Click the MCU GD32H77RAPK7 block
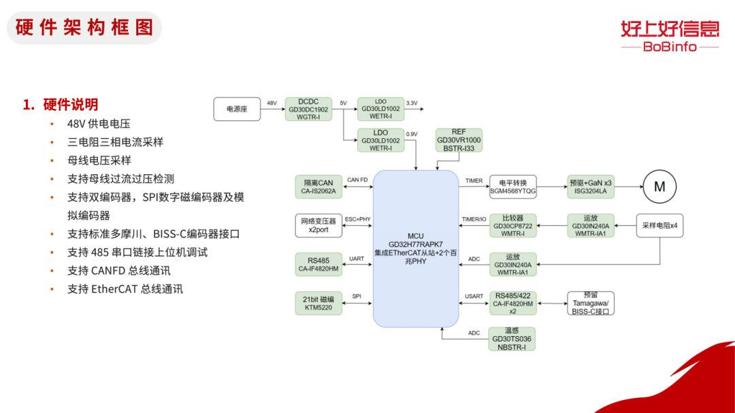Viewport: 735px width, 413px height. pyautogui.click(x=416, y=248)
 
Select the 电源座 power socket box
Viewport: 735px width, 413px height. pyautogui.click(x=238, y=110)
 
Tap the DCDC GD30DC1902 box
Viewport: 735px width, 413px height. pyautogui.click(x=308, y=110)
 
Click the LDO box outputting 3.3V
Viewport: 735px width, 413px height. pyautogui.click(x=380, y=110)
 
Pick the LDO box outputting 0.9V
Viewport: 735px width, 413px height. pyautogui.click(x=380, y=140)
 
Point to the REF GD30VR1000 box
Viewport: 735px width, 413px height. pyautogui.click(x=459, y=140)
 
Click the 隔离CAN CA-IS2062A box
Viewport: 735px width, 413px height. pyautogui.click(x=318, y=186)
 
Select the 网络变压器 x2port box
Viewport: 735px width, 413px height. pyautogui.click(x=318, y=225)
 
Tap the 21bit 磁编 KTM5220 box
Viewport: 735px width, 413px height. pyautogui.click(x=318, y=303)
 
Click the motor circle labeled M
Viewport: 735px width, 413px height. pyautogui.click(x=659, y=186)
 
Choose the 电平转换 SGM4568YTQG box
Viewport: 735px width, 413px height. pyautogui.click(x=513, y=186)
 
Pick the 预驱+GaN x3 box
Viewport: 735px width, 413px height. pyautogui.click(x=591, y=186)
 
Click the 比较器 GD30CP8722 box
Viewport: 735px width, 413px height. pyautogui.click(x=513, y=225)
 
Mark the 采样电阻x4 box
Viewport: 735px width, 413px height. pyautogui.click(x=659, y=225)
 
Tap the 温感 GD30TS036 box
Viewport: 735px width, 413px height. pyautogui.click(x=512, y=339)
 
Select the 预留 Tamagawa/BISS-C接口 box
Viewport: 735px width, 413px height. pyautogui.click(x=591, y=303)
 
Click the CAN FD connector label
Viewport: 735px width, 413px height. pyautogui.click(x=357, y=180)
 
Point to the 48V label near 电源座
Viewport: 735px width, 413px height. pyautogui.click(x=272, y=103)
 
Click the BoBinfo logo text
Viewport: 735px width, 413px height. pyautogui.click(x=670, y=47)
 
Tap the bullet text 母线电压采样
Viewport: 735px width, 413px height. pyautogui.click(x=99, y=161)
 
